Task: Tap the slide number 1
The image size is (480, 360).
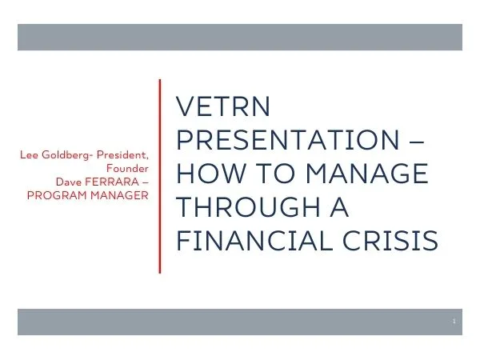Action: pos(453,321)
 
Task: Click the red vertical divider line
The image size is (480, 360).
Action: pos(160,176)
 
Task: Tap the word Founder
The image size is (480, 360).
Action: pos(127,168)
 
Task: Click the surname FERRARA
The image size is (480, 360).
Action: pos(111,182)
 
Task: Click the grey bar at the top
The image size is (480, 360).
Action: pos(240,37)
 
